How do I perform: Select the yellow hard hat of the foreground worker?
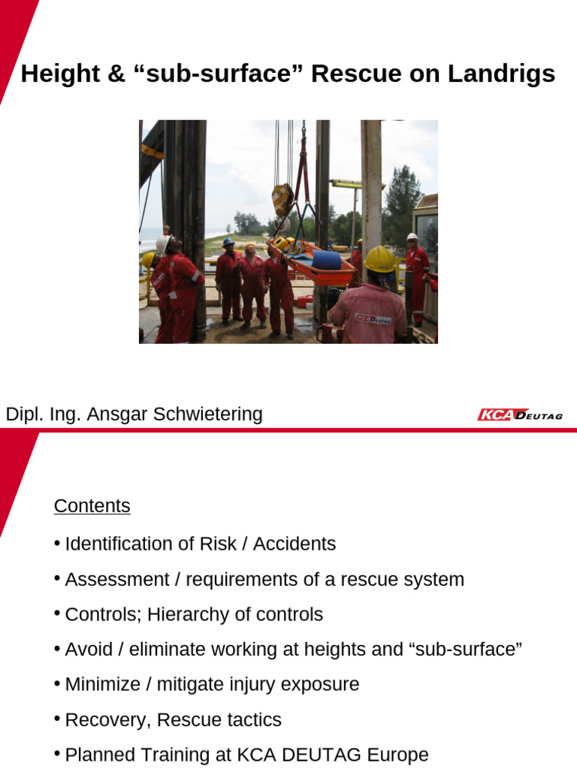379,259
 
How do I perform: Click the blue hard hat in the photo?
228,242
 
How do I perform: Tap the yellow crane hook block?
282,200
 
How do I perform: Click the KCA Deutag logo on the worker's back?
373,318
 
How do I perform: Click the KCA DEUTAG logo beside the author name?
520,415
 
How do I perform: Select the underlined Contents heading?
92,506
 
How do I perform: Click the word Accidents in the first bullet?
295,544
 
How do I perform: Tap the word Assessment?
107,579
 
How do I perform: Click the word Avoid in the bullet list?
86,649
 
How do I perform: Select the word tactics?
256,719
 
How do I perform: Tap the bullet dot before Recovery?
57,719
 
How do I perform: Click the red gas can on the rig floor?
304,301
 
